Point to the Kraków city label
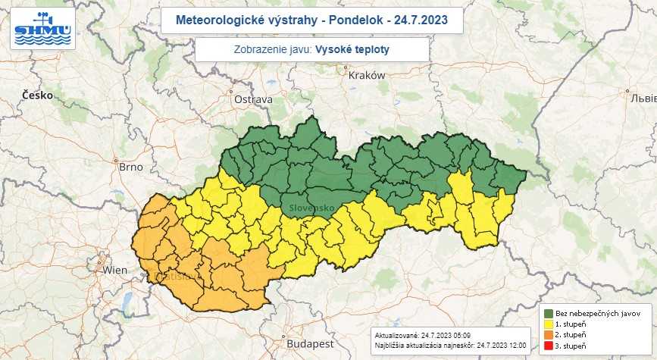367,75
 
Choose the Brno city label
130,166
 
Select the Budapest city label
299,343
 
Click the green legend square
548,312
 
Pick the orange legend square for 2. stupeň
548,335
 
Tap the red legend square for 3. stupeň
548,346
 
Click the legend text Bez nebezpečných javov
599,312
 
